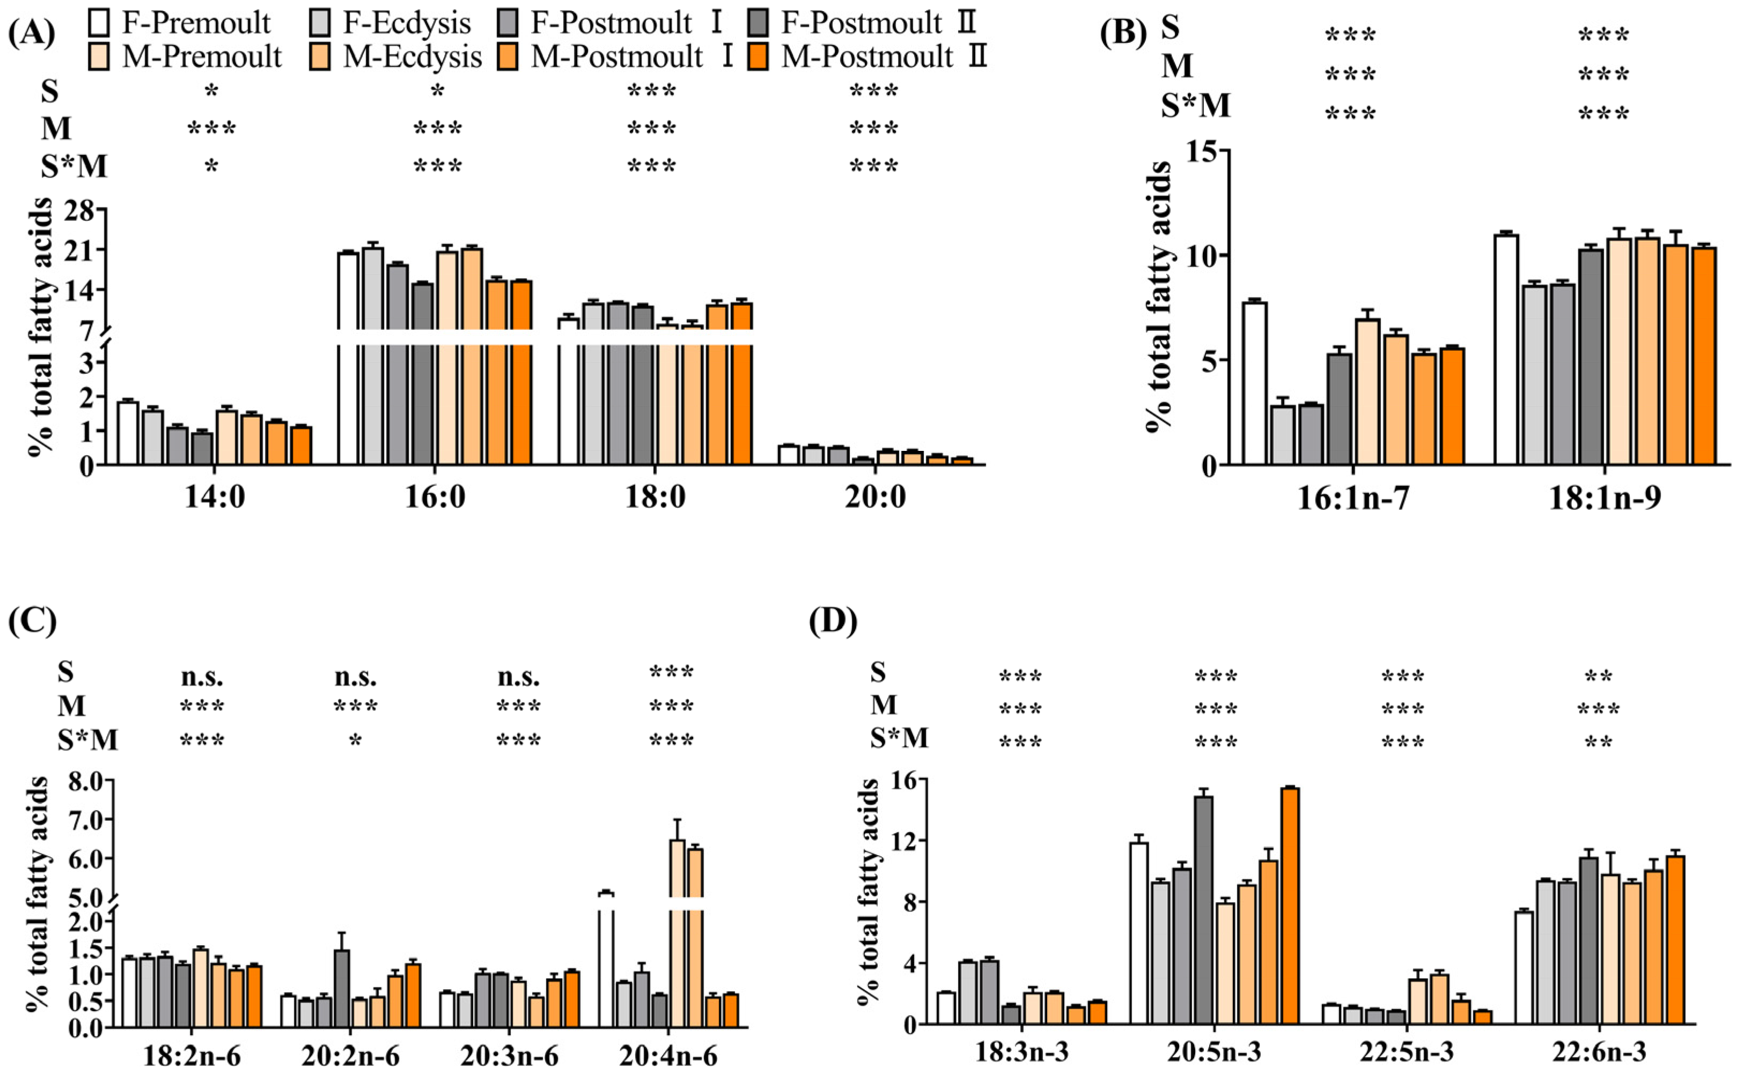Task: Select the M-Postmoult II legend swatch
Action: click(x=759, y=57)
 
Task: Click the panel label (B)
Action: click(x=1123, y=33)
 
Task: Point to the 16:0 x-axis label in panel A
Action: click(x=435, y=498)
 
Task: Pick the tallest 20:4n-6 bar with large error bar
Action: click(x=677, y=932)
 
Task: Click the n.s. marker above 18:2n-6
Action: click(x=202, y=676)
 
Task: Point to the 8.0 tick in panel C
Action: click(x=85, y=781)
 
